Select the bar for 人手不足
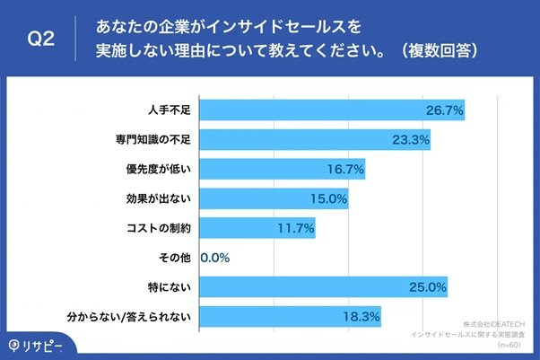point(331,110)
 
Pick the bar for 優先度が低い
point(282,170)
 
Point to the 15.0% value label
point(328,199)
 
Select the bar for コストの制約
point(257,228)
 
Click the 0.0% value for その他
point(215,258)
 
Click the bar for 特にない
point(323,287)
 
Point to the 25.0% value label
point(427,287)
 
